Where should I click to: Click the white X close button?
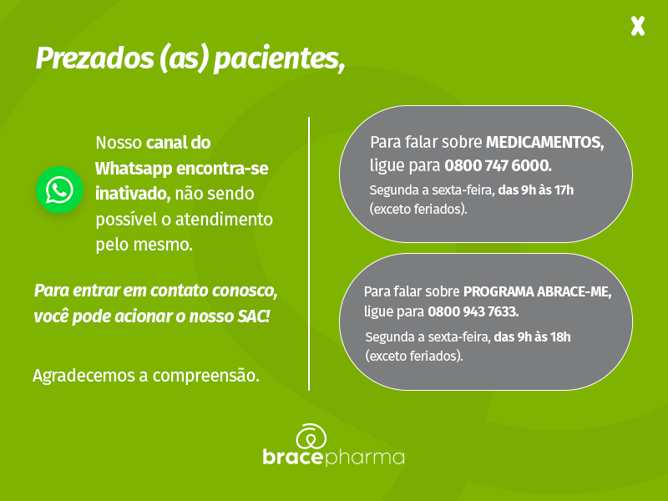638,26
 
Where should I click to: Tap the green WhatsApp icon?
59,190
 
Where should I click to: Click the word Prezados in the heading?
94,58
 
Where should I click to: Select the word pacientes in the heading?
279,58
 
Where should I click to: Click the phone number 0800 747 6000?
498,165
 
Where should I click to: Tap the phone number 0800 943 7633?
473,311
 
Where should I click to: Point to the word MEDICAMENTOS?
545,142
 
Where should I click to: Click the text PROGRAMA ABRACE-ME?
537,291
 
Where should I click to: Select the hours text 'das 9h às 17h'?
536,190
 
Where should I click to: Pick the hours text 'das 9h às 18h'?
532,337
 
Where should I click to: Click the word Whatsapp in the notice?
134,169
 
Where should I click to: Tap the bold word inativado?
133,194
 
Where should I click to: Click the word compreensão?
205,376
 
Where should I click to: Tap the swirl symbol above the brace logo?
311,436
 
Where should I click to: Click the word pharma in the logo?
364,457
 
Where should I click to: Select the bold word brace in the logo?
293,457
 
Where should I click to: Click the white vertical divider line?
309,254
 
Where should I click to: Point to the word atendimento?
224,219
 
